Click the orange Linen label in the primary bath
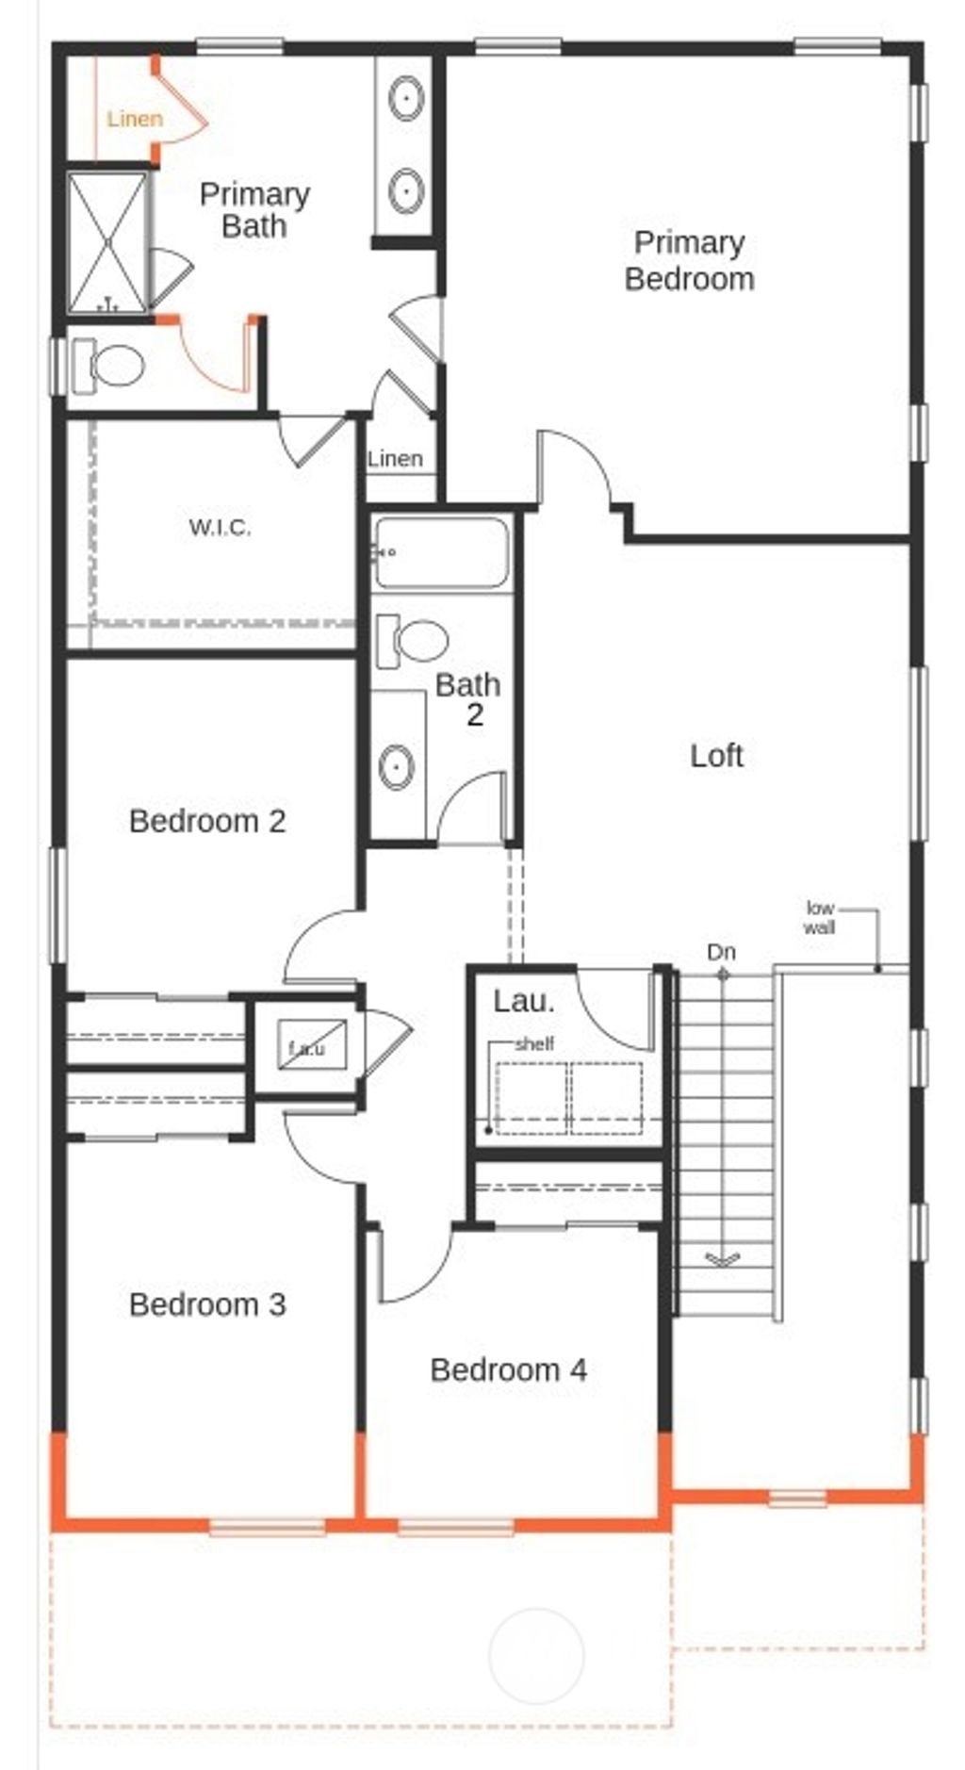click(135, 119)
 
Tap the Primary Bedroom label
click(689, 260)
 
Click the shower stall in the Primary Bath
click(107, 240)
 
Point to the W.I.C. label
click(220, 527)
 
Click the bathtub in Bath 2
click(441, 552)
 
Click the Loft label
click(716, 756)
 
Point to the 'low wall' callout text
click(819, 917)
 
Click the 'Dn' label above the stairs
click(721, 952)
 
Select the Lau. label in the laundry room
click(524, 1001)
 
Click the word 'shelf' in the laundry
click(534, 1043)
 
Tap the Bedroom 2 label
click(207, 821)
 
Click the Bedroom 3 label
click(207, 1304)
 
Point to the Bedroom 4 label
click(508, 1369)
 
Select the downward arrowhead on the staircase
click(723, 1258)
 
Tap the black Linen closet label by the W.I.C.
click(395, 459)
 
